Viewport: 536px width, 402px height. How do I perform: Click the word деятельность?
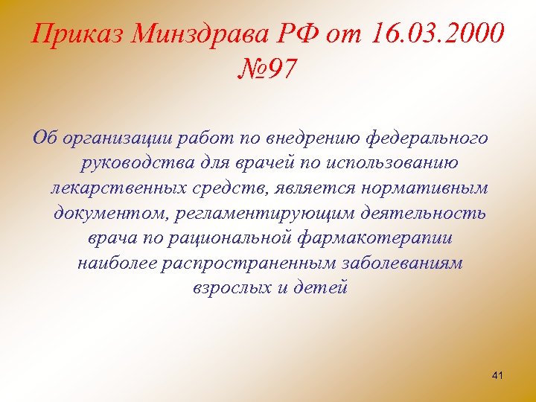tap(430, 214)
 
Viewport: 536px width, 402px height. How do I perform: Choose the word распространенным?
tap(255, 264)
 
